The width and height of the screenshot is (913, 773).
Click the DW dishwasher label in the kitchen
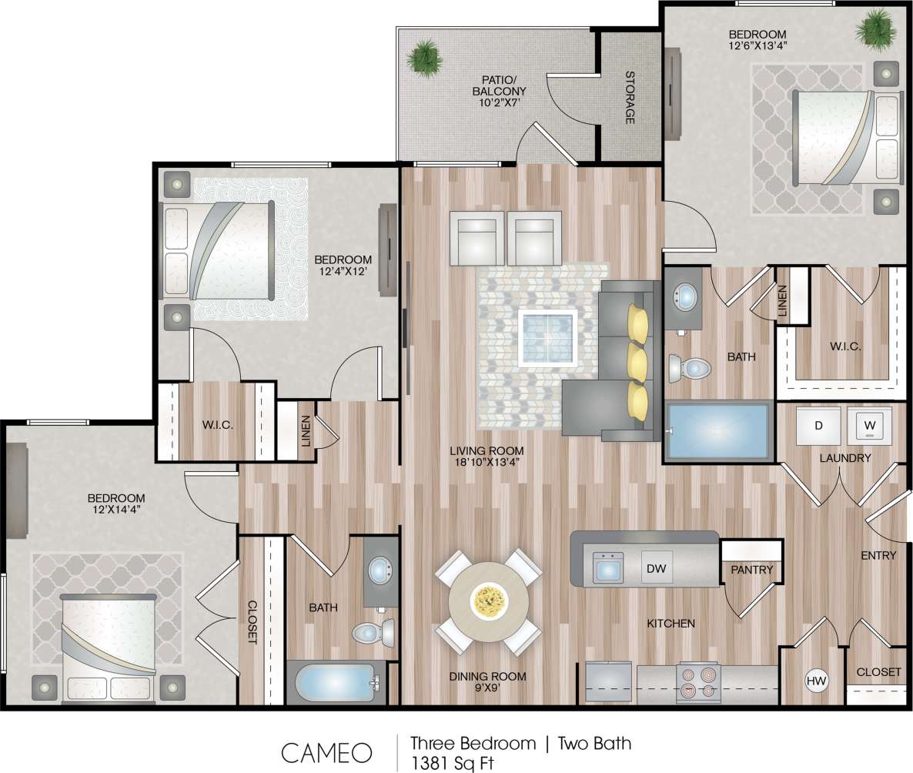(x=656, y=569)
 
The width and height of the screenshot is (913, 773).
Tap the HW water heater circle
(x=815, y=681)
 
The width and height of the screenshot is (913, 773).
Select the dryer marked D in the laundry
(x=818, y=426)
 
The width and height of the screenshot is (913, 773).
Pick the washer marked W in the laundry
(x=869, y=425)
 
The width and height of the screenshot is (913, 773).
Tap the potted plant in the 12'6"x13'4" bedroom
(x=876, y=30)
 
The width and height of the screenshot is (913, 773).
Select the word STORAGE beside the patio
(x=630, y=98)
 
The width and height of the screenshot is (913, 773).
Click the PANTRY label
(x=751, y=570)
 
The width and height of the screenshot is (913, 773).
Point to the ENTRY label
(x=878, y=555)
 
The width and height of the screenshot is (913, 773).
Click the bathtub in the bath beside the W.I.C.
(x=718, y=431)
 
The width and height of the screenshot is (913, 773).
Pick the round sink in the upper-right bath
(x=684, y=296)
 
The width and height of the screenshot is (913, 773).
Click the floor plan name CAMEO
(x=326, y=752)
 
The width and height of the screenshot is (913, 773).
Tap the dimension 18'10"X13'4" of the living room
(x=488, y=463)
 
